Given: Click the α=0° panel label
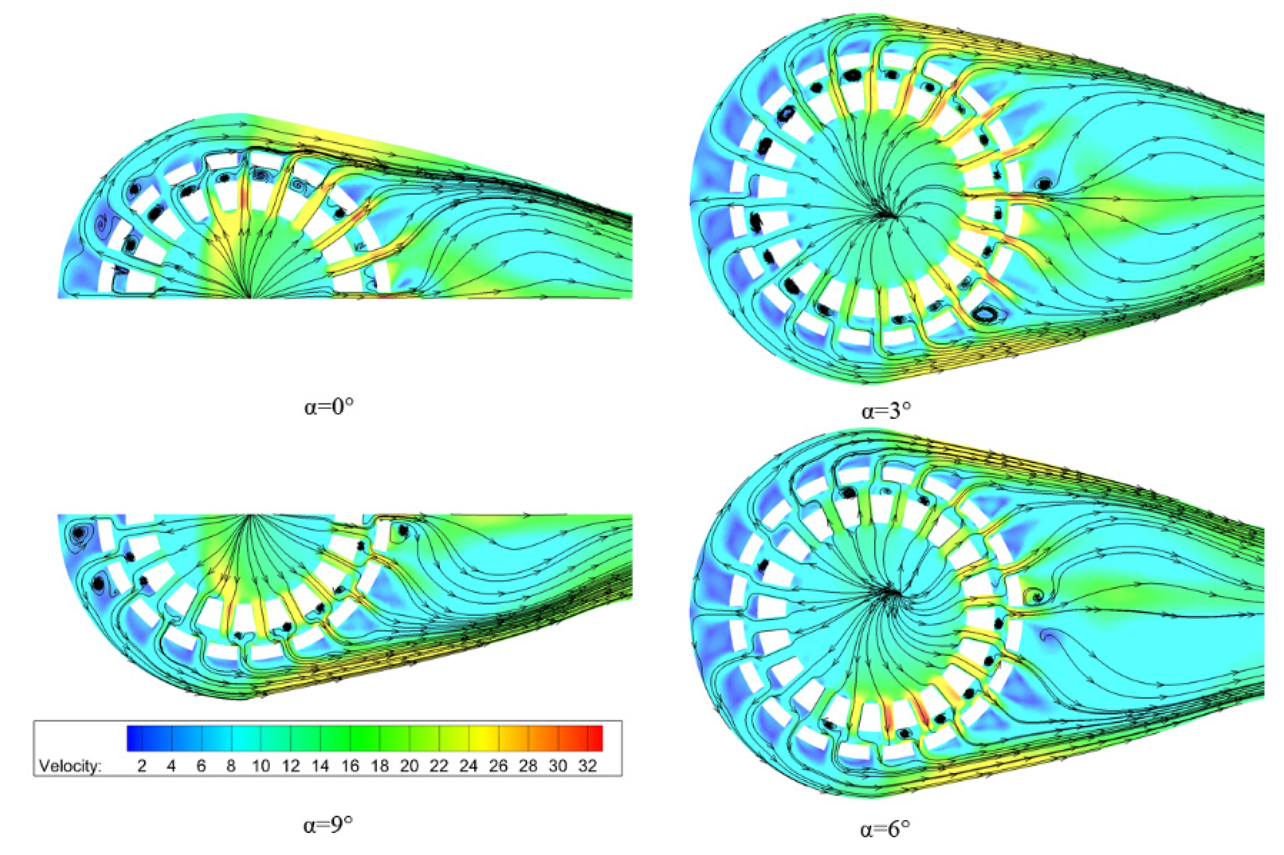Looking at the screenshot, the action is pyautogui.click(x=329, y=407).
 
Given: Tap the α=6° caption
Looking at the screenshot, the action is pyautogui.click(x=885, y=830).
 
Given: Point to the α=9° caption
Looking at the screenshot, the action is pyautogui.click(x=328, y=825).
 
